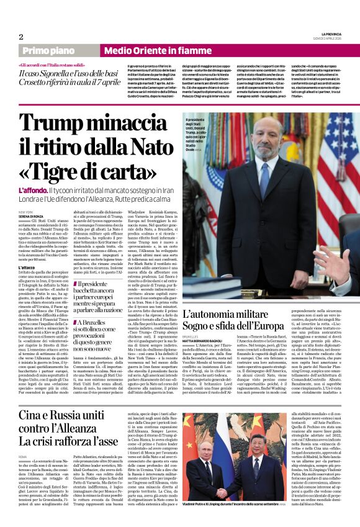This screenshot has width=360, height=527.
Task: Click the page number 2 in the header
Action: (20, 37)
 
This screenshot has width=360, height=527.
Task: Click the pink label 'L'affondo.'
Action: (33, 190)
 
